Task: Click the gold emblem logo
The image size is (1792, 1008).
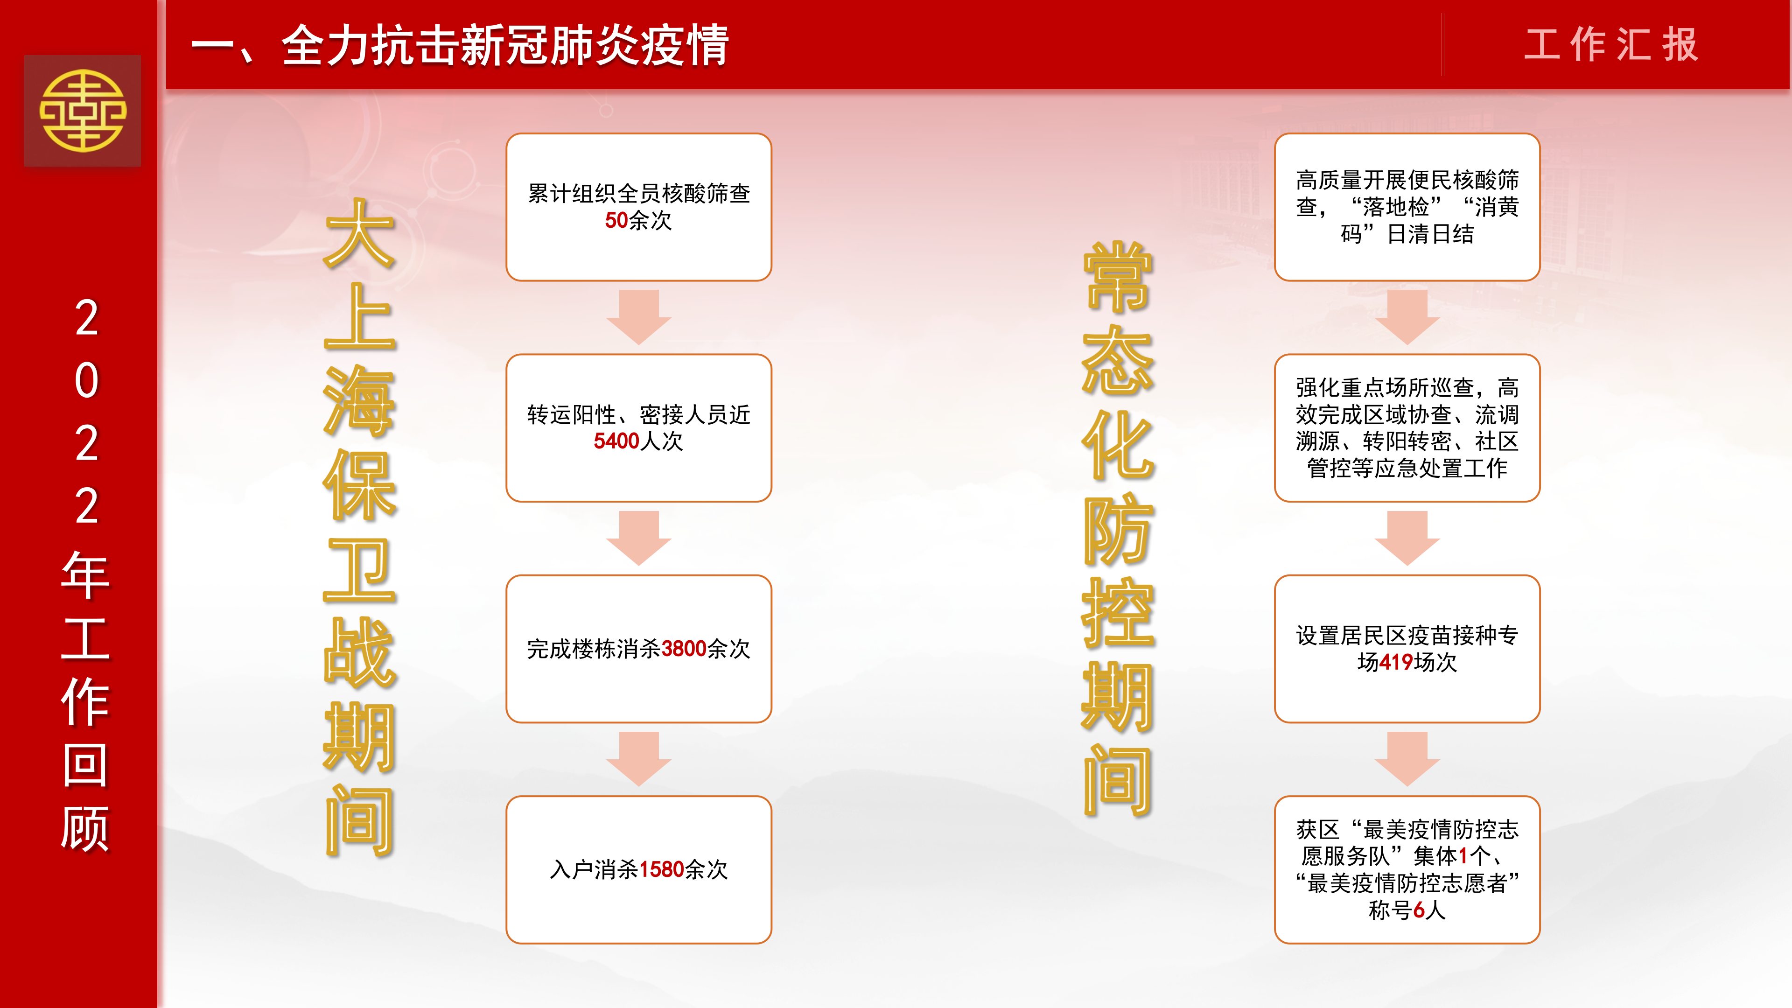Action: coord(83,111)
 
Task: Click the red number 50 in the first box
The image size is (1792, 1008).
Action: coord(616,221)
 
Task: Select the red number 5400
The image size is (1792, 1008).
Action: coord(616,441)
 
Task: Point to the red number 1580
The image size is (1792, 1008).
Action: coord(662,869)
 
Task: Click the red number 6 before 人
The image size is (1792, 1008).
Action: coord(1419,910)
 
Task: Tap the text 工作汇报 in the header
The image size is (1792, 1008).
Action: coord(1611,45)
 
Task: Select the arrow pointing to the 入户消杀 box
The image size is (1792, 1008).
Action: coord(638,759)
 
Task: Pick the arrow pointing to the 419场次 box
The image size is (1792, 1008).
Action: coord(1407,538)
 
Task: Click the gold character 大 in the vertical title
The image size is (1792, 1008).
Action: coord(360,234)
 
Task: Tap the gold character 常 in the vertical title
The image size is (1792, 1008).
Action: coord(1118,277)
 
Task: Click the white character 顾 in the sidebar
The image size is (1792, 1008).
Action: coord(85,828)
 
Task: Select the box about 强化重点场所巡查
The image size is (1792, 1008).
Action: coord(1407,428)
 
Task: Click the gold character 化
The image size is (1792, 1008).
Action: coord(1118,445)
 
